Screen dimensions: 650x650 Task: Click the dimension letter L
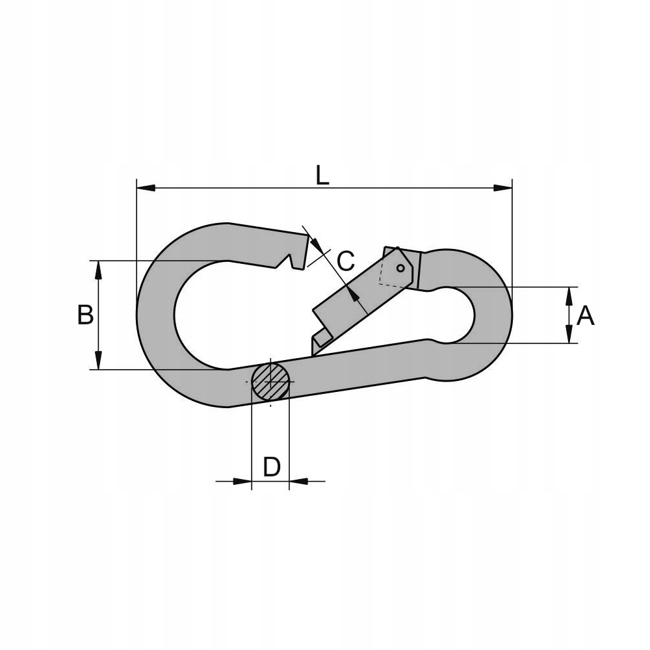[x=322, y=175]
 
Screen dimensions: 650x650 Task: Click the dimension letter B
[x=85, y=315]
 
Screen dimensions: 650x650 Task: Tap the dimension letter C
[x=346, y=261]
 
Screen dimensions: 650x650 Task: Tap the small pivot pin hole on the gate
[x=400, y=268]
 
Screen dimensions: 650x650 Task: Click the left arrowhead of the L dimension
[x=146, y=188]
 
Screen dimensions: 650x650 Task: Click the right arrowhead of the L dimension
[x=502, y=188]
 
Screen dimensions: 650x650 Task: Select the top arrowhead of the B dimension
[x=98, y=270]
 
